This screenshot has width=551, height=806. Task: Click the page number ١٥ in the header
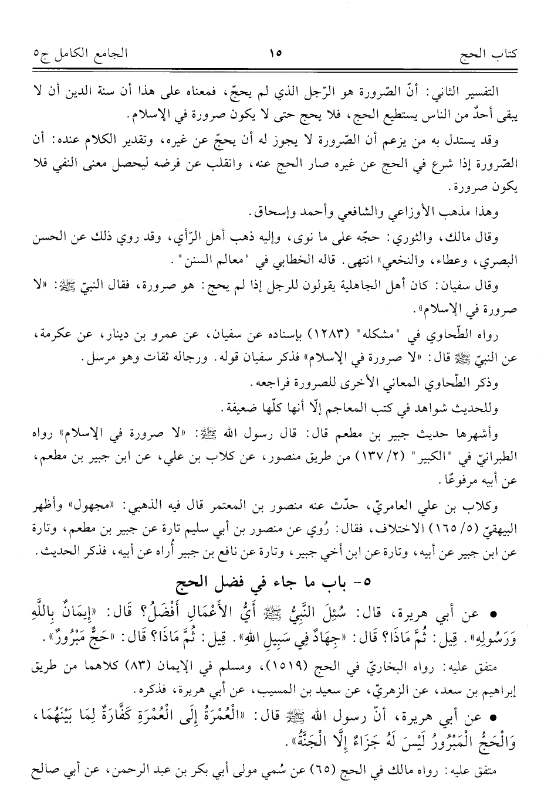[275, 55]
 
